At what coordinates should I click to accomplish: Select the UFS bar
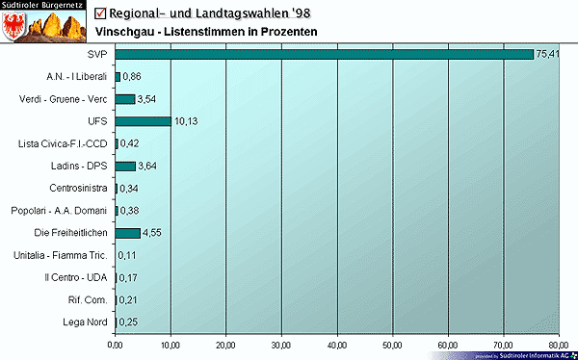tap(143, 121)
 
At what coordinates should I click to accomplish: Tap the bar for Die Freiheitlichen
tap(127, 233)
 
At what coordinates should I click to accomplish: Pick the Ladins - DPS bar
tap(124, 166)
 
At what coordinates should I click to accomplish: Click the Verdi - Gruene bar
tap(124, 98)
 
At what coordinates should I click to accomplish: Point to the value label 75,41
tap(547, 55)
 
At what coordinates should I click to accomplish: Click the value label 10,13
tap(186, 122)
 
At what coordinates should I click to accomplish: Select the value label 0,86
tap(133, 77)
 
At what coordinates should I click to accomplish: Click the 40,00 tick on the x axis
tap(337, 344)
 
